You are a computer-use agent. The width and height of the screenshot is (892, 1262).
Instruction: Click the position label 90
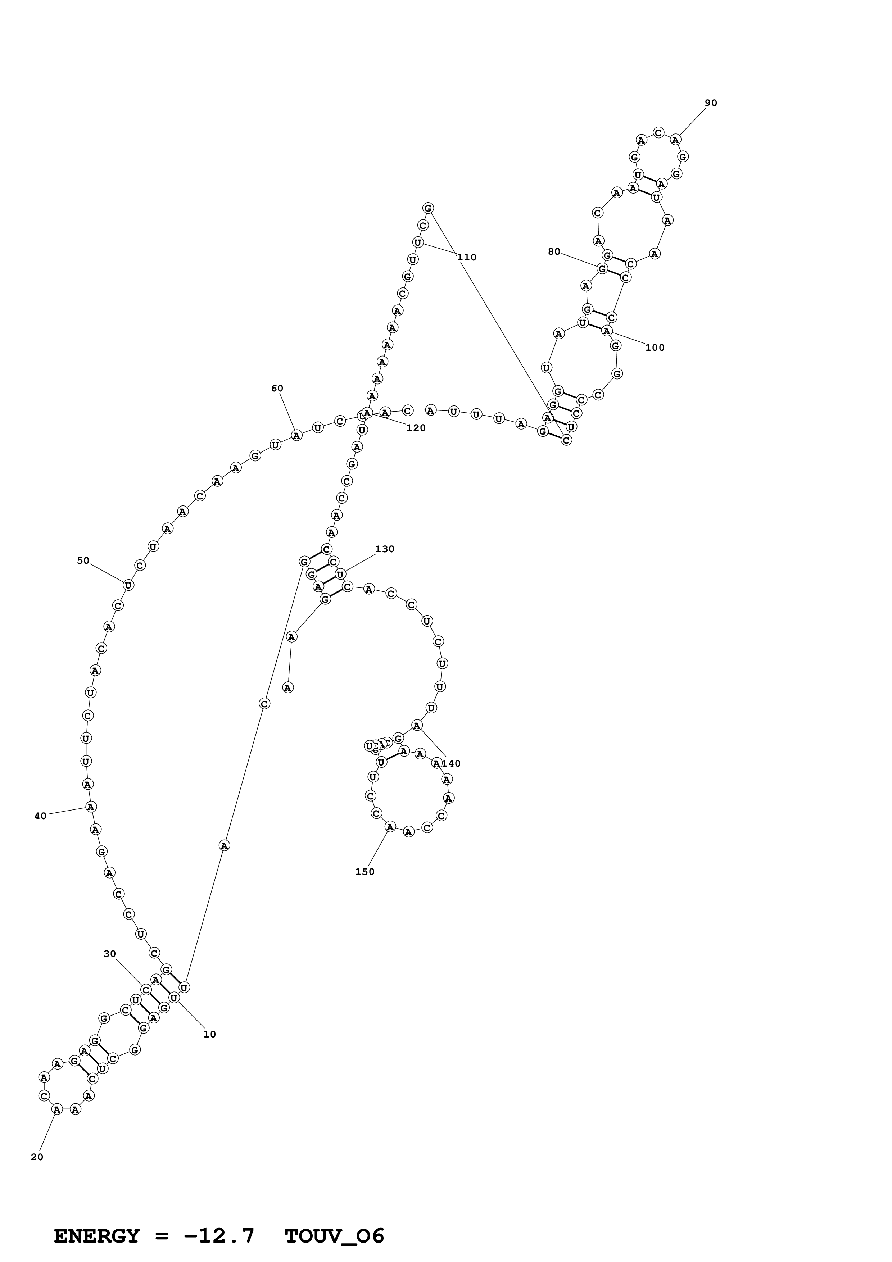(711, 103)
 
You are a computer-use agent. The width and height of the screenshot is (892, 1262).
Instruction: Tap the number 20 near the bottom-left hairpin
(37, 1157)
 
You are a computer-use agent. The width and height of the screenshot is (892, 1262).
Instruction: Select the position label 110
(467, 257)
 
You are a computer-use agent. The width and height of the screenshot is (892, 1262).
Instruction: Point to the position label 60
(277, 389)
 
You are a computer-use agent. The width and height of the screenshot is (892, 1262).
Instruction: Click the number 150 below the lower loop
(365, 872)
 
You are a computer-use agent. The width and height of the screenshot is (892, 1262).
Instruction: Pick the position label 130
(385, 549)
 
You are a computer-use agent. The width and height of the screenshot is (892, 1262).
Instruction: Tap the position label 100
(655, 348)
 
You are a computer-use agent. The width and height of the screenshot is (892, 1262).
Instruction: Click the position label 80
(554, 252)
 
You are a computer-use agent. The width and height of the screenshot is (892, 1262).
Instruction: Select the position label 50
(83, 560)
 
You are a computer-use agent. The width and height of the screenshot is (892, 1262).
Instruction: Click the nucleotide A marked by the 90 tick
(675, 140)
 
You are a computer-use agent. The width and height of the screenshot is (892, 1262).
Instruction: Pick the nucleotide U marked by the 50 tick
(128, 585)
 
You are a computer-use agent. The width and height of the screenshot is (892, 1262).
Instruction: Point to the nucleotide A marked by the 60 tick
(296, 435)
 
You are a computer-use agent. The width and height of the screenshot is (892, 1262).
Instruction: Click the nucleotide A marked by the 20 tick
(56, 1109)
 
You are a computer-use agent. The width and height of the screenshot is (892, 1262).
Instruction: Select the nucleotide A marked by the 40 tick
(91, 806)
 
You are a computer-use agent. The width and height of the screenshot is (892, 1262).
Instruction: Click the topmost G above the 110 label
(428, 208)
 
